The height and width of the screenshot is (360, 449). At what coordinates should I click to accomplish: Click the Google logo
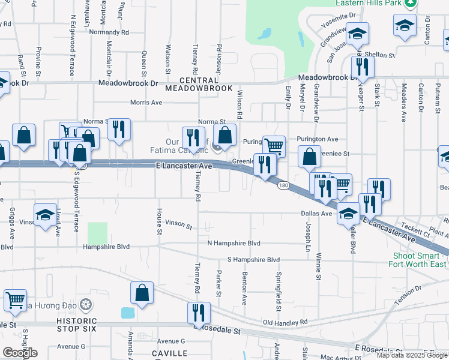pyautogui.click(x=20, y=353)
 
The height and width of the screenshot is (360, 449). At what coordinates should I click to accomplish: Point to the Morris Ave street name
pyautogui.click(x=146, y=103)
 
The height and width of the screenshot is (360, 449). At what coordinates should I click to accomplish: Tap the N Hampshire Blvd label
pyautogui.click(x=234, y=243)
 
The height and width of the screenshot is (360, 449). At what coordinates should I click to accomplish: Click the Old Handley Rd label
pyautogui.click(x=285, y=323)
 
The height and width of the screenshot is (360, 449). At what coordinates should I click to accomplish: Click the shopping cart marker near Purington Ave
pyautogui.click(x=274, y=145)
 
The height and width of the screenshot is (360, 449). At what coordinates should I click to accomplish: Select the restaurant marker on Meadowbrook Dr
pyautogui.click(x=361, y=66)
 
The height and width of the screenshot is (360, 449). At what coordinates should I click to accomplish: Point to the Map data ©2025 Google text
pyautogui.click(x=412, y=355)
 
